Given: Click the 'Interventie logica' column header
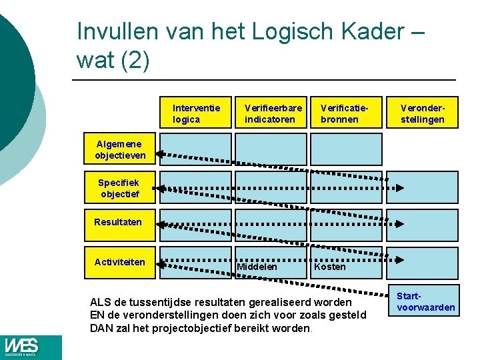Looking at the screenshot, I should pyautogui.click(x=196, y=113).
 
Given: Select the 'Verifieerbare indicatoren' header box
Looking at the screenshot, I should pyautogui.click(x=273, y=113).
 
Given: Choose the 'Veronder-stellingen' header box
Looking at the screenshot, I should pyautogui.click(x=422, y=113).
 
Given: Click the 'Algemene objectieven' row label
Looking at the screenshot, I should pyautogui.click(x=120, y=149).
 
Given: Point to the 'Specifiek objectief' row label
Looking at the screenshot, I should pyautogui.click(x=120, y=187).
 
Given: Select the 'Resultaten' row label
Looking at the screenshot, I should pyautogui.click(x=119, y=222).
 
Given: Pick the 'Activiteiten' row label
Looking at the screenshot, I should pyautogui.click(x=120, y=262).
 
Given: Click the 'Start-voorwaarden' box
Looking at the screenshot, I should pyautogui.click(x=425, y=301).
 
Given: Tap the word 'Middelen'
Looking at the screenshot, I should pyautogui.click(x=257, y=267).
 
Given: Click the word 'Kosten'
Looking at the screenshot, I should pyautogui.click(x=330, y=267).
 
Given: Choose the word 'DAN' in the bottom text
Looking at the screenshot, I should pyautogui.click(x=101, y=328).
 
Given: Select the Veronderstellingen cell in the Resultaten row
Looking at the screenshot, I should pyautogui.click(x=422, y=225).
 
